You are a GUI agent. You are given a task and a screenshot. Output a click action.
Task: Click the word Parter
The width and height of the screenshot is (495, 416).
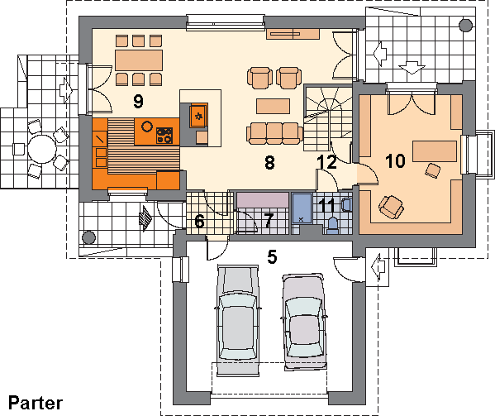point(36,403)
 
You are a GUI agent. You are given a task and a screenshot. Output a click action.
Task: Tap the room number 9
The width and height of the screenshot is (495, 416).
point(138,102)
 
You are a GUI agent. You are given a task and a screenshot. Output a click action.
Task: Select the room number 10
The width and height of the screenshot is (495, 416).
point(395,160)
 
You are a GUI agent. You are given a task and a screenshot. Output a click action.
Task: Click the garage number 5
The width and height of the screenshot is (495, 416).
point(272,256)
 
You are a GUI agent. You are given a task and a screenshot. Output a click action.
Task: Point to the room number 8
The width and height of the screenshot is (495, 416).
point(269,163)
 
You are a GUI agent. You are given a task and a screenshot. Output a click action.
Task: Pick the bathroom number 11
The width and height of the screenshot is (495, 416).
point(327,207)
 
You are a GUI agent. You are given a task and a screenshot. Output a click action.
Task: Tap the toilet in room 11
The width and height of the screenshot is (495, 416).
point(332,225)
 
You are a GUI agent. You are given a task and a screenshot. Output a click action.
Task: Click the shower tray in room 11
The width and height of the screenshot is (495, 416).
point(302,208)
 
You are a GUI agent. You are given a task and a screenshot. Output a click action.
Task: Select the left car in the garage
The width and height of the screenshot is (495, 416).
point(238,320)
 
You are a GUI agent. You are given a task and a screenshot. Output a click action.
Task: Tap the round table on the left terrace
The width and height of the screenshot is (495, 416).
point(41,149)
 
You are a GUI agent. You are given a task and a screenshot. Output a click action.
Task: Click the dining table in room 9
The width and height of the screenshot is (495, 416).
point(139,60)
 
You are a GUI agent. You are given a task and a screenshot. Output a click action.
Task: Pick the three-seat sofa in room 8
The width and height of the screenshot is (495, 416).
point(274,134)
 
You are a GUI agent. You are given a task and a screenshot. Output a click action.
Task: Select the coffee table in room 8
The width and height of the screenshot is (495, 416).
point(273,106)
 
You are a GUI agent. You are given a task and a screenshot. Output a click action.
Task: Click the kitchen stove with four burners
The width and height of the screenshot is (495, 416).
point(164,135)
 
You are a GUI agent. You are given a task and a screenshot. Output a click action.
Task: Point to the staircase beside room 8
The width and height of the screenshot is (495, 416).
point(328,117)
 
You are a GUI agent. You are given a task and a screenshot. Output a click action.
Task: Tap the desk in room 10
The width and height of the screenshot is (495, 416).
point(435,151)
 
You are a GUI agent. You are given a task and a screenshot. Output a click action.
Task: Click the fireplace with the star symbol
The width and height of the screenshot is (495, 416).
point(198,116)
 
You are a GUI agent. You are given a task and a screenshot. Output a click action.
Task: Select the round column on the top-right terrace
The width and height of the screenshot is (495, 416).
point(465,26)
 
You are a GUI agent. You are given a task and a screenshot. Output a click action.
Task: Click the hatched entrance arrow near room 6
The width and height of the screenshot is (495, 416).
point(145,218)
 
